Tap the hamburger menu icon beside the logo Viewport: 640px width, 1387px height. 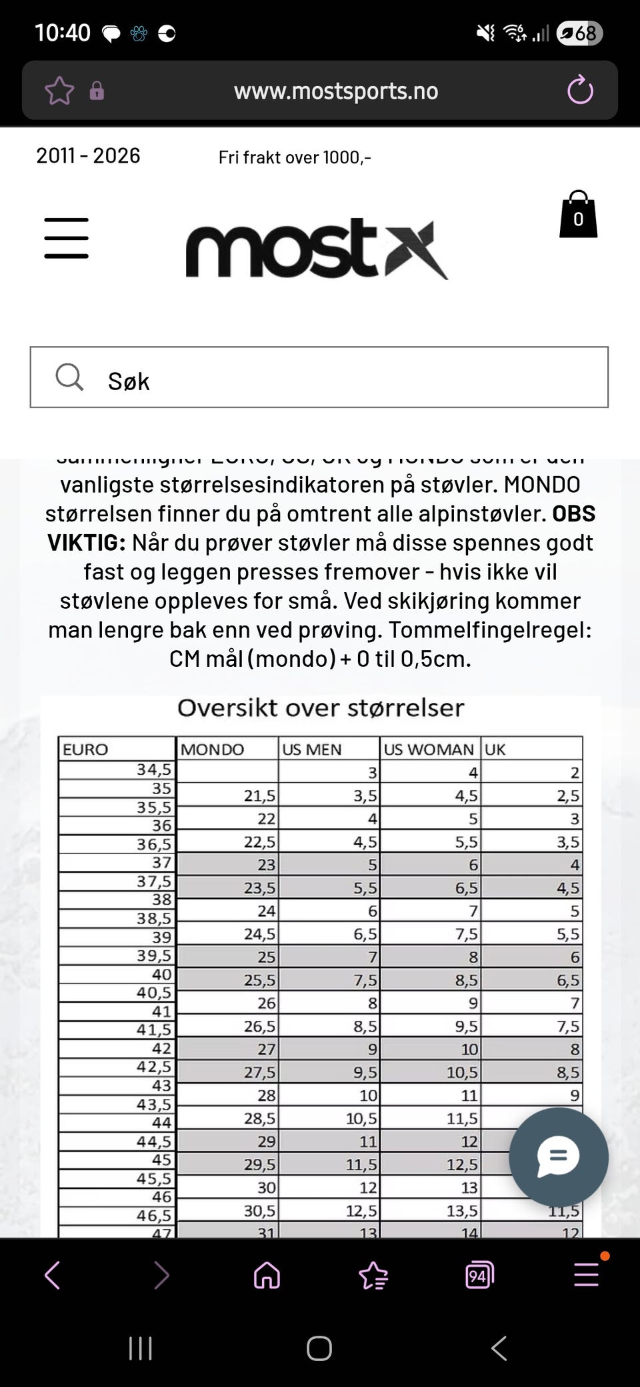[x=67, y=238]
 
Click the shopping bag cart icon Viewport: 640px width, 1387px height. [x=578, y=215]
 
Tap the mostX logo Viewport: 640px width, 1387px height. [x=317, y=248]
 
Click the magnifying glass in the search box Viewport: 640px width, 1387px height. [x=69, y=377]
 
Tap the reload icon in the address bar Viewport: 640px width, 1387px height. [x=580, y=90]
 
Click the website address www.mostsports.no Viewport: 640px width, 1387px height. [x=336, y=91]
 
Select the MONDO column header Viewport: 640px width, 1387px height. [x=213, y=749]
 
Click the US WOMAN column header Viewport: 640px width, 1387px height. [x=429, y=749]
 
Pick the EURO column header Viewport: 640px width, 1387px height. [x=85, y=749]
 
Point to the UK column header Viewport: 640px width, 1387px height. [x=495, y=749]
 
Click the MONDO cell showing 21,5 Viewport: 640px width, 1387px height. [x=259, y=796]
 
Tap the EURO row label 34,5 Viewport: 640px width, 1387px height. [x=154, y=770]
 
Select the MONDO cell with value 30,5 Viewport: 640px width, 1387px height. [x=259, y=1210]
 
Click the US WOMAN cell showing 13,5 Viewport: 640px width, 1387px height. [x=462, y=1210]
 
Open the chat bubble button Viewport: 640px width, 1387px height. [x=559, y=1157]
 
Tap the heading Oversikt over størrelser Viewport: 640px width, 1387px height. [x=321, y=708]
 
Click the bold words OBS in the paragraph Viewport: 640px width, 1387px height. [x=574, y=513]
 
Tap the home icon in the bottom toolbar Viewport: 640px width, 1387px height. [x=267, y=1276]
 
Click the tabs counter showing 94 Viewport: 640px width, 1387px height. [x=479, y=1276]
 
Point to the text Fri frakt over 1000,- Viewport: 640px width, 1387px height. [x=295, y=157]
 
